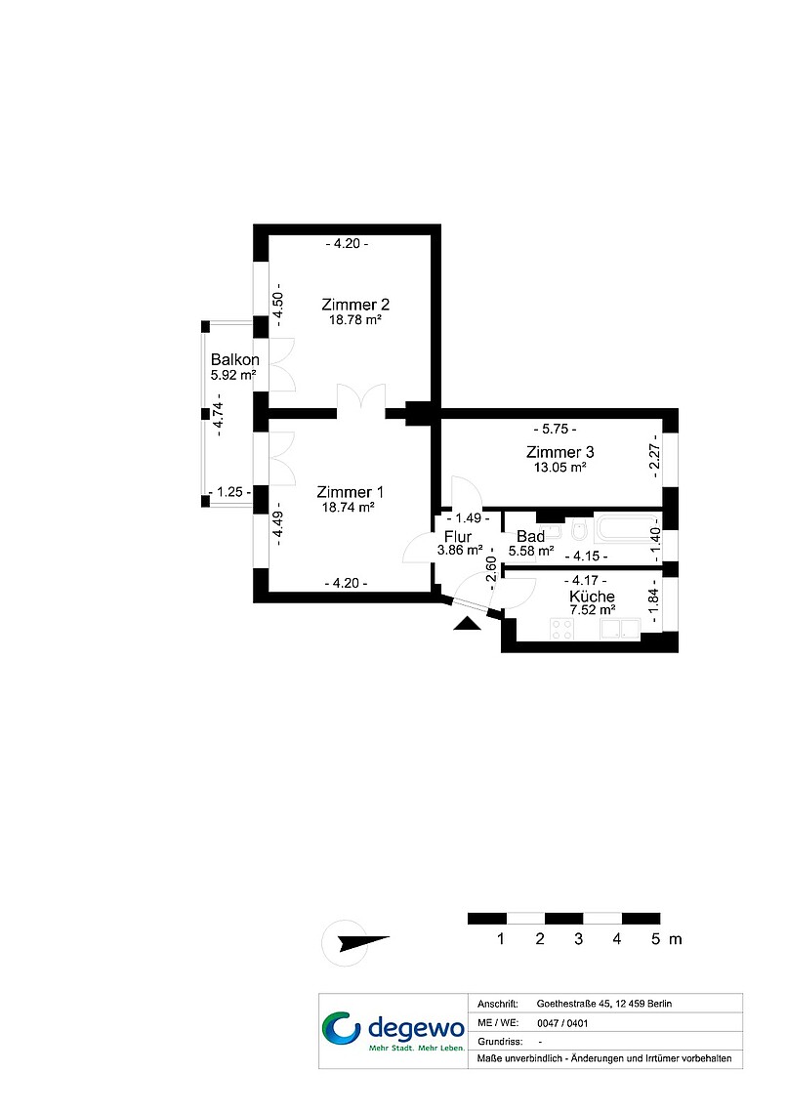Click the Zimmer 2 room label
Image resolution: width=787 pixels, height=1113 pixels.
(354, 305)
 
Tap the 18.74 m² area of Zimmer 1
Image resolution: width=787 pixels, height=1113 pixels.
(348, 507)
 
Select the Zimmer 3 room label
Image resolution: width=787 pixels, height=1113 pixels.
(559, 452)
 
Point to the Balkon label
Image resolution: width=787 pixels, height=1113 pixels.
(235, 360)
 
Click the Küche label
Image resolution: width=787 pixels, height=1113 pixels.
(592, 597)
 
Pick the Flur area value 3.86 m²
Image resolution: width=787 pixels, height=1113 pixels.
(460, 550)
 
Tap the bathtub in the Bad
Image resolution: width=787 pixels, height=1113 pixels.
(623, 529)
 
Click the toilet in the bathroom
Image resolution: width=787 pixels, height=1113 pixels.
(579, 529)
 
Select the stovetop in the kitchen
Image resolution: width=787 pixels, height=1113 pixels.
(562, 629)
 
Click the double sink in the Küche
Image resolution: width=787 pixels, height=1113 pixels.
(621, 629)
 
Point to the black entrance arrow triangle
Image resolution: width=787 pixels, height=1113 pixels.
(467, 623)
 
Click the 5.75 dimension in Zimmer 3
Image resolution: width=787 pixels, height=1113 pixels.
(555, 429)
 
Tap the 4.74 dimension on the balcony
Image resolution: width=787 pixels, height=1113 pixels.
(218, 418)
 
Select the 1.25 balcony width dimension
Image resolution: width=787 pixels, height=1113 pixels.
(229, 492)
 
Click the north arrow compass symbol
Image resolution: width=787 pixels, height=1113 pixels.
(356, 943)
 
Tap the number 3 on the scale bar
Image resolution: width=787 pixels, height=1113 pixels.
(578, 939)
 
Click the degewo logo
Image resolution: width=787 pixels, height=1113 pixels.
(393, 1031)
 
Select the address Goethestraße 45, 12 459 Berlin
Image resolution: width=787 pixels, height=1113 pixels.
(603, 1004)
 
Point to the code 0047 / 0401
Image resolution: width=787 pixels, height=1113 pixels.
(562, 1023)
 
